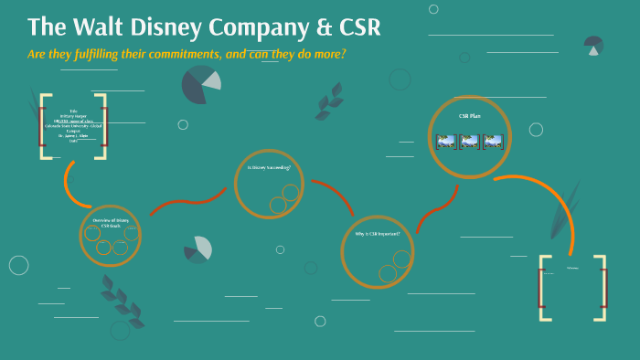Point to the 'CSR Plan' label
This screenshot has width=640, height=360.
point(469,117)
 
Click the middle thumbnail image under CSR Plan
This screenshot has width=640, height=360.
point(469,142)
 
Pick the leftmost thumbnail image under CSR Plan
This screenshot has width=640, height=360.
point(446,142)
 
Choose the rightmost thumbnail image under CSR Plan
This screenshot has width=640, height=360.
point(493,142)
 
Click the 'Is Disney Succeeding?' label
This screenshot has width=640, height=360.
point(268,168)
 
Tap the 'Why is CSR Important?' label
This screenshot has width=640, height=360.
point(377,233)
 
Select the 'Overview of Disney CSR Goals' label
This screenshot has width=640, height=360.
point(111,222)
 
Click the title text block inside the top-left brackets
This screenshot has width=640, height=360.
point(73,126)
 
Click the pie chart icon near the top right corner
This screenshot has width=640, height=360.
point(594,45)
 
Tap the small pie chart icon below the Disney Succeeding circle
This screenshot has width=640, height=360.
point(197,249)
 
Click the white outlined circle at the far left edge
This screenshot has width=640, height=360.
point(19,265)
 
